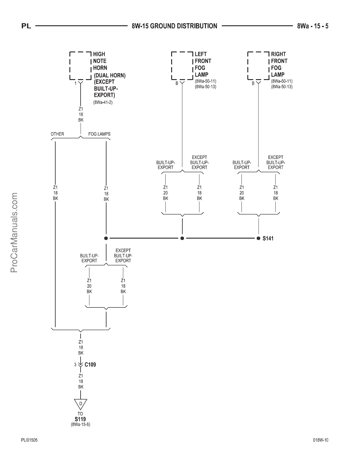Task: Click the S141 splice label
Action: pos(268,238)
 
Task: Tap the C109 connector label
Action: pos(90,365)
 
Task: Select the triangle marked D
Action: pos(81,404)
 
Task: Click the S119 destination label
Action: pos(80,419)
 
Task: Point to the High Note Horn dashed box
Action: pos(80,66)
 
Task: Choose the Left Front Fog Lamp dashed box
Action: pos(182,66)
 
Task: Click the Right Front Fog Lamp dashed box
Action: pos(258,66)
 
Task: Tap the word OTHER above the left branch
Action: pos(57,134)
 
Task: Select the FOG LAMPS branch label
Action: pos(99,134)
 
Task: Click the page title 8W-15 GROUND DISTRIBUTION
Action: pos(174,26)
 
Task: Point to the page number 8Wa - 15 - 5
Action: pos(313,26)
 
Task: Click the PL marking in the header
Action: pos(26,26)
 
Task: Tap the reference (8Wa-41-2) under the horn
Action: pos(103,103)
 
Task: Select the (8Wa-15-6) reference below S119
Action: pos(80,425)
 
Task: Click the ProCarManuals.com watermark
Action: pos(14,232)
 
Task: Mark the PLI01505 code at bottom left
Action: pos(29,440)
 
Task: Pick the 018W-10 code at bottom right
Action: pos(321,440)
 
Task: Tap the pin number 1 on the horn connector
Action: pos(76,84)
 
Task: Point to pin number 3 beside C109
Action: pos(75,365)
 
